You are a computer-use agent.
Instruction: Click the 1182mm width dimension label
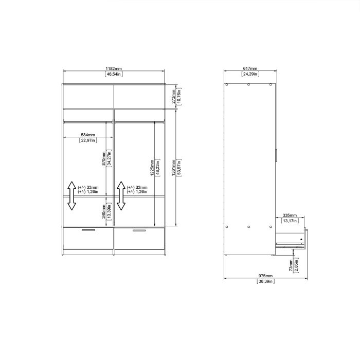[x=114, y=68]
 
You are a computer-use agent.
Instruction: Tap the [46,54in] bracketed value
[x=114, y=74]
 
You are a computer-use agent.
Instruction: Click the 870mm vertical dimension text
[x=103, y=157]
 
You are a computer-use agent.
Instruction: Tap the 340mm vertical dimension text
[x=103, y=210]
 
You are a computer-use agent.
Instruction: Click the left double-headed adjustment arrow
[x=71, y=196]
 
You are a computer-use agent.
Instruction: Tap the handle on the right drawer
[x=139, y=230]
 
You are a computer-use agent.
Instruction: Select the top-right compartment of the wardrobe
[x=139, y=96]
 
